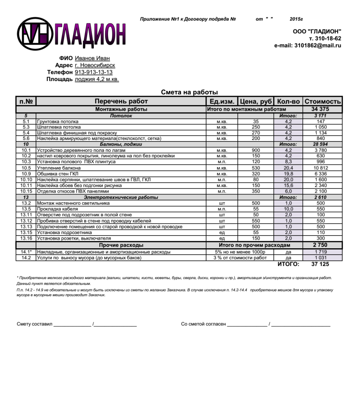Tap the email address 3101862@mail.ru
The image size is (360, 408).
click(x=317, y=45)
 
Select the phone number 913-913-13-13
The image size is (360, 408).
click(x=94, y=72)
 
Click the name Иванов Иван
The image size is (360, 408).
click(x=92, y=58)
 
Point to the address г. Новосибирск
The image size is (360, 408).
click(x=95, y=65)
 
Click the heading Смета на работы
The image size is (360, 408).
click(x=189, y=92)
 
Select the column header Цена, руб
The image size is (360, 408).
click(x=256, y=102)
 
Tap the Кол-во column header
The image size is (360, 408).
click(x=288, y=102)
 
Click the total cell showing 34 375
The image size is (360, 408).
click(x=320, y=109)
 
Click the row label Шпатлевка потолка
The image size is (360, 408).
click(x=59, y=127)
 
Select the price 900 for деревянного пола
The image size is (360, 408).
click(x=256, y=150)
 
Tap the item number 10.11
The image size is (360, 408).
click(x=26, y=185)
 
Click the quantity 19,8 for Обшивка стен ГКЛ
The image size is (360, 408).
click(x=288, y=174)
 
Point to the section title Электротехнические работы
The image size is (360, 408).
click(x=121, y=197)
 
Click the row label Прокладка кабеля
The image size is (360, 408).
click(x=57, y=209)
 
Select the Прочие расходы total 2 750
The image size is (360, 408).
click(x=320, y=245)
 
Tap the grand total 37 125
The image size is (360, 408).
click(x=320, y=264)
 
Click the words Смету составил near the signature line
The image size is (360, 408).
click(x=34, y=324)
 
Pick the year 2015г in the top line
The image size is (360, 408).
click(x=296, y=19)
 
